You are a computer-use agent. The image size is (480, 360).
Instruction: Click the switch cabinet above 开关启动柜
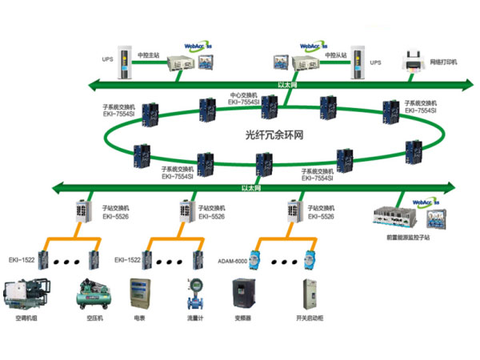[306, 294]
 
